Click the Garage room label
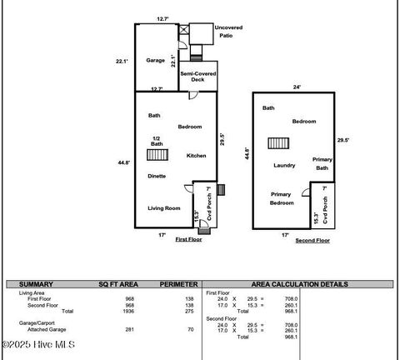(155, 61)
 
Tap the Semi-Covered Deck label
(197, 77)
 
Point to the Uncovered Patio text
(225, 32)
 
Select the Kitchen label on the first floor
(196, 156)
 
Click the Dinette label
(157, 176)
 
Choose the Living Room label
(164, 208)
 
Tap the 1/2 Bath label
(157, 142)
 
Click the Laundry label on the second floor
(284, 165)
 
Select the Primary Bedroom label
(281, 198)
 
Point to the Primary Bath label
(322, 163)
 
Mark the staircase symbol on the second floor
(278, 142)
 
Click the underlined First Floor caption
(188, 239)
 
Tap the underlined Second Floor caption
(312, 240)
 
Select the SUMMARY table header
(36, 284)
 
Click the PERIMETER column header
(178, 284)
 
